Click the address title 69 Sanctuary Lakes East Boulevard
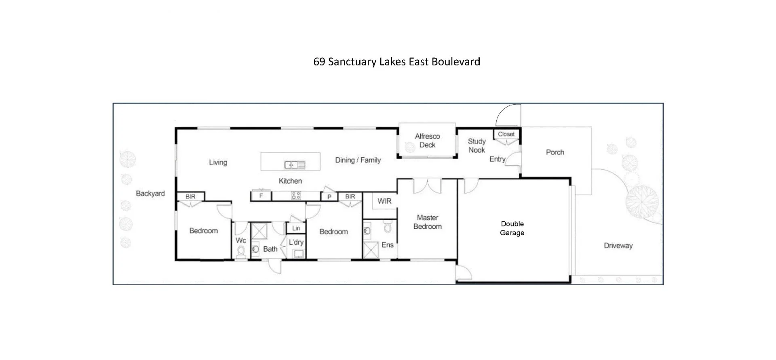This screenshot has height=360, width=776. (x=396, y=62)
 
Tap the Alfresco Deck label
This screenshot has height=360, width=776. (x=427, y=141)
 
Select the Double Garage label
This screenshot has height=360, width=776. (x=512, y=228)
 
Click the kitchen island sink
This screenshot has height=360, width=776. (x=295, y=165)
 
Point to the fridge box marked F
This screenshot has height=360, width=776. (x=261, y=196)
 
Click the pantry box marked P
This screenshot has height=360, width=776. (x=329, y=197)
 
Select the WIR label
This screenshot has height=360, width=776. (x=384, y=201)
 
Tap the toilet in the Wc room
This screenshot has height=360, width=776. (x=241, y=252)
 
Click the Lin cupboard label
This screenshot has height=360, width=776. (x=296, y=228)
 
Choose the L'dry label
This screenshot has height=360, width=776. (x=296, y=242)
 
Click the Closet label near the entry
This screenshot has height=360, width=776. (x=506, y=134)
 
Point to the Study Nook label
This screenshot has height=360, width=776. (x=477, y=145)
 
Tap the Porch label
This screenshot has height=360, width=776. (x=555, y=152)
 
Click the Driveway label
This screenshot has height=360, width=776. (x=618, y=246)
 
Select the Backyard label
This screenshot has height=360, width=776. (x=150, y=194)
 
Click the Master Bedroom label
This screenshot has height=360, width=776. (x=427, y=222)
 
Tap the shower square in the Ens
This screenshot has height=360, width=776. (x=371, y=250)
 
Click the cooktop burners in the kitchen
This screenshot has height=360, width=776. (x=296, y=196)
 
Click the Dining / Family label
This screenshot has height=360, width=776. (x=358, y=160)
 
